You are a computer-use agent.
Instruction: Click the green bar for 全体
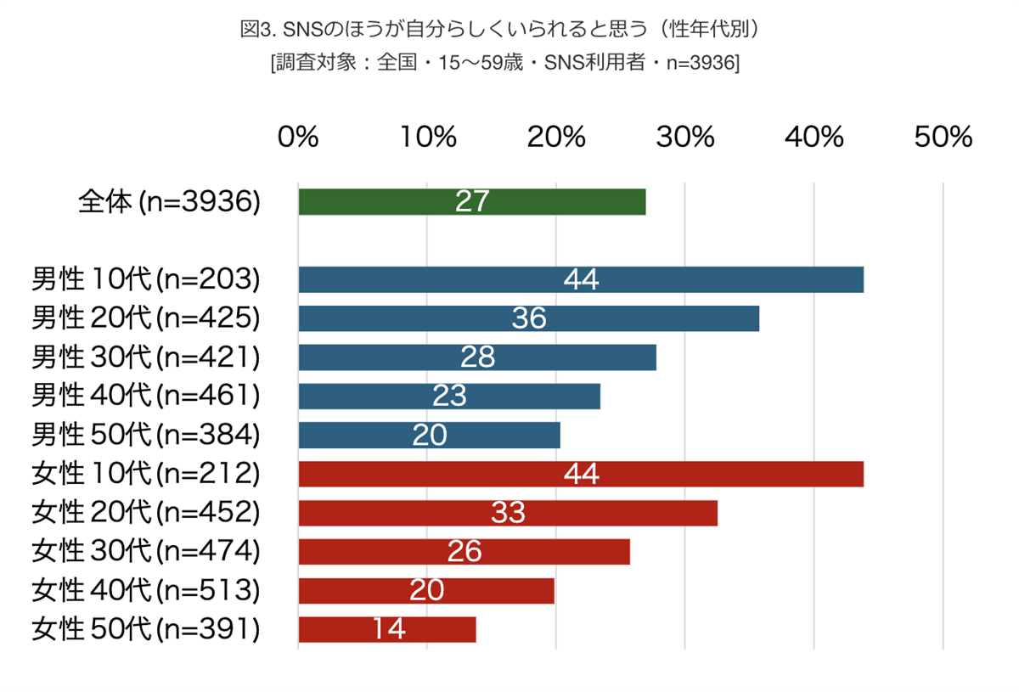coord(552,201)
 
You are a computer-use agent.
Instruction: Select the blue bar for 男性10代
coord(679,279)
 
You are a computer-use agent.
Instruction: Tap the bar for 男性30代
coord(577,357)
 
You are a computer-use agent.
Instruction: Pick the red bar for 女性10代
coord(679,474)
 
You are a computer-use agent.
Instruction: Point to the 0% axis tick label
coord(298,137)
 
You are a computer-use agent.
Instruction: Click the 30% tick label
coord(685,137)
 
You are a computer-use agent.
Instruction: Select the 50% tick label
coord(943,137)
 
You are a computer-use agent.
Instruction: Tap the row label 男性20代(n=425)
coord(145,318)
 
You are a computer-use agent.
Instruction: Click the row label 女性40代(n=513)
coord(145,590)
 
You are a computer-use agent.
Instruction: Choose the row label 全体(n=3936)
coord(168,201)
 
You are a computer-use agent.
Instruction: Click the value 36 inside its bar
coord(529,318)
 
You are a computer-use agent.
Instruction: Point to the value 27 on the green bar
coord(472,201)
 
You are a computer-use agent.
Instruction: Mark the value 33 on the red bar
coord(508,513)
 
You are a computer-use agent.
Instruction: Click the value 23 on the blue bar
coord(449,397)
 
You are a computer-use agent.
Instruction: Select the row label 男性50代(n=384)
coord(145,435)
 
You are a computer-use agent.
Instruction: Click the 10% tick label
coord(427,137)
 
